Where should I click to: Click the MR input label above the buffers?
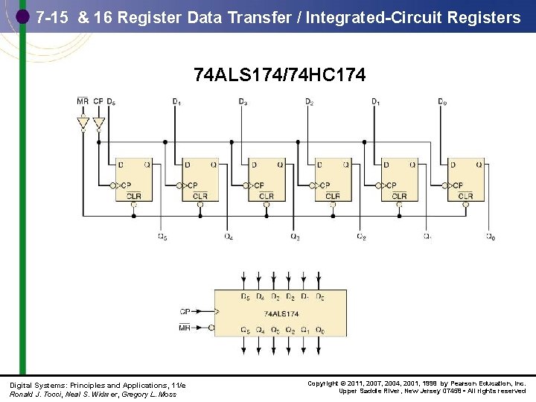click(x=83, y=101)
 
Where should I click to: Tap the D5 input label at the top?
click(x=111, y=101)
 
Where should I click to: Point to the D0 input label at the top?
click(x=442, y=101)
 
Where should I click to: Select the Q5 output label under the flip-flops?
click(x=162, y=237)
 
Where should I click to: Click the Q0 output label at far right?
click(x=490, y=237)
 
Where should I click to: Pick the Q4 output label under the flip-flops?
click(x=229, y=237)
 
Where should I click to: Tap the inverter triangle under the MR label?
click(x=83, y=122)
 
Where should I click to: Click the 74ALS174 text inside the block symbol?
click(x=280, y=313)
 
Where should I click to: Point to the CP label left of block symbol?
click(x=185, y=311)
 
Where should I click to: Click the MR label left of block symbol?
click(x=185, y=328)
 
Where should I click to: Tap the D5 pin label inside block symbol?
click(x=245, y=297)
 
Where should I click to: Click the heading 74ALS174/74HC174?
click(x=279, y=75)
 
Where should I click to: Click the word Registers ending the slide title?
click(x=483, y=18)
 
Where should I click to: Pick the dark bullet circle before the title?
click(x=22, y=16)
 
